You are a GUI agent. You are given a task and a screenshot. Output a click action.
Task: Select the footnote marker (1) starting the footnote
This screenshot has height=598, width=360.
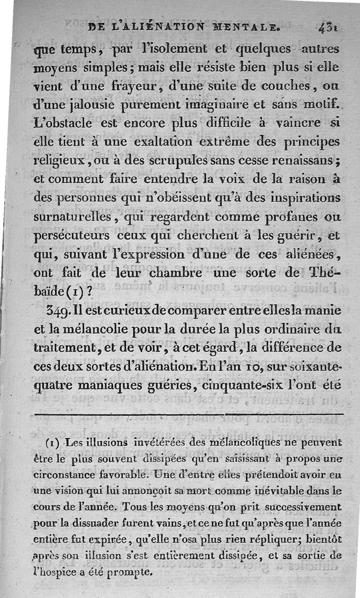[53, 443]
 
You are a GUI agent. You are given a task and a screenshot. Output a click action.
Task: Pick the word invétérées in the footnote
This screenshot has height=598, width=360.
[148, 442]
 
